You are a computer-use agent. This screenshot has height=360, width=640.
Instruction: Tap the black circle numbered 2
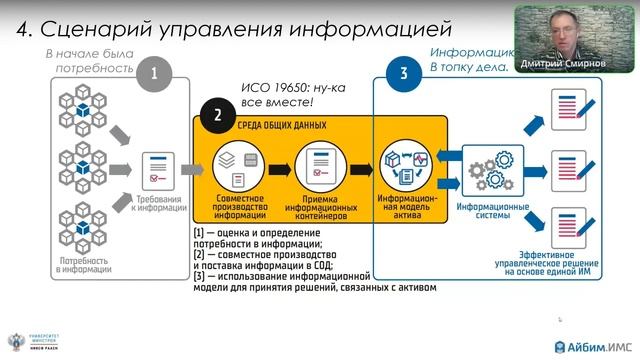(216, 113)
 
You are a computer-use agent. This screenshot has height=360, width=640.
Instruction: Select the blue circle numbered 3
(402, 72)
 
